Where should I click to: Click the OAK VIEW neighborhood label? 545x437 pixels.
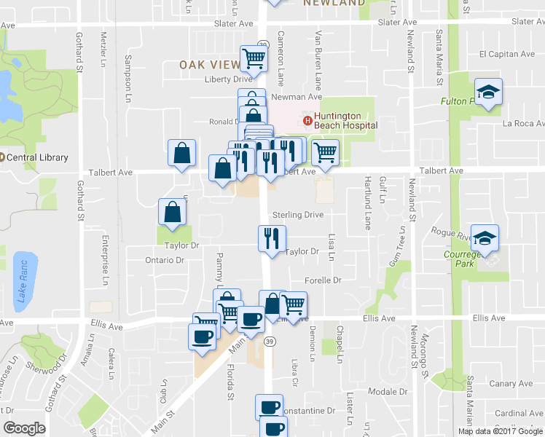(x=210, y=65)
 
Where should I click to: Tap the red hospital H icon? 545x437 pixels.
(x=307, y=120)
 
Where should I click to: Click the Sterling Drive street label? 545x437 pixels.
(x=297, y=215)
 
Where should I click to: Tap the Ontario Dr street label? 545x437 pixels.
(x=164, y=260)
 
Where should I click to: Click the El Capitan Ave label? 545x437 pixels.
(x=507, y=54)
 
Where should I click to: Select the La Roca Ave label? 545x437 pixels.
(x=524, y=124)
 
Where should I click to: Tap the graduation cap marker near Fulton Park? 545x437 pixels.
(x=487, y=92)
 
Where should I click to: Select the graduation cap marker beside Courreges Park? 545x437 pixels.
(x=485, y=237)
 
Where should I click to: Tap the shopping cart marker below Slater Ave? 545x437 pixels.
(x=254, y=55)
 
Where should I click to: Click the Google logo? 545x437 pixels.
(x=24, y=428)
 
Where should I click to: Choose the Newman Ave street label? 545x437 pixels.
(x=297, y=97)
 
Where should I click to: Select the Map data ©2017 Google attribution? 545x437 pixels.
(x=500, y=431)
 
